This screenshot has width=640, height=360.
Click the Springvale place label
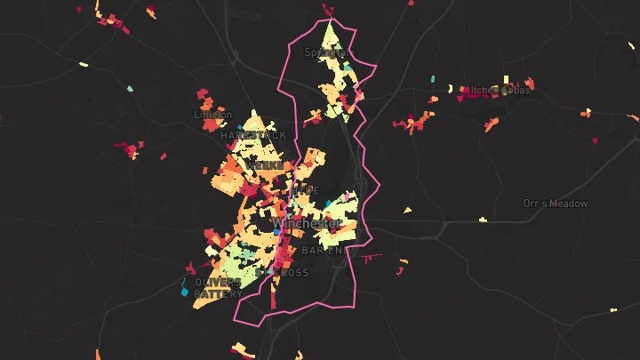(x=324, y=52)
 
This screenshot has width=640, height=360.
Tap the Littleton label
(x=212, y=115)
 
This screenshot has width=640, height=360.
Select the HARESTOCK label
(x=253, y=135)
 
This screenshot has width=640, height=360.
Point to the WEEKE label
(x=265, y=165)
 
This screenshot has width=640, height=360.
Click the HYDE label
(x=305, y=190)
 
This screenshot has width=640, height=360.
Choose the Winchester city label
(x=308, y=223)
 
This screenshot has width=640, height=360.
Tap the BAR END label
(x=325, y=251)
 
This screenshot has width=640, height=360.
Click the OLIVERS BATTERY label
(x=218, y=288)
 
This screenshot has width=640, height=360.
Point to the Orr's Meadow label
(x=556, y=204)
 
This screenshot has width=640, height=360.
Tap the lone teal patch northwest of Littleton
(x=130, y=89)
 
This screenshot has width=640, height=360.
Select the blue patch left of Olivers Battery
(x=185, y=291)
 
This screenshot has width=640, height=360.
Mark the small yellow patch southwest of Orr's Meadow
(x=483, y=219)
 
